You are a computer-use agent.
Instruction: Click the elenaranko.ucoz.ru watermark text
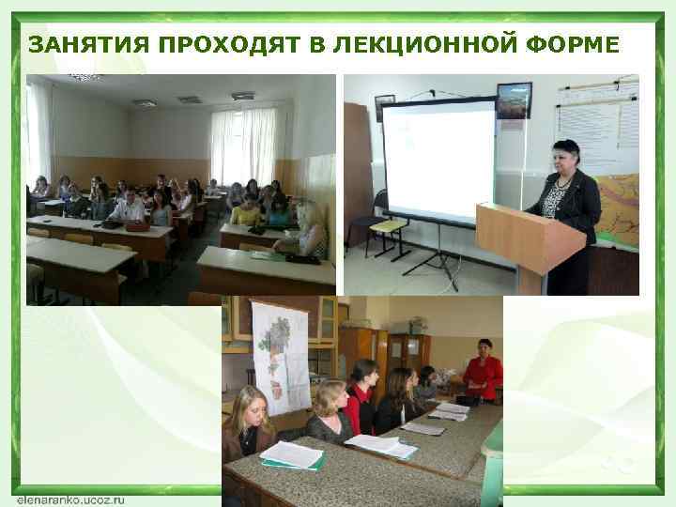(70, 499)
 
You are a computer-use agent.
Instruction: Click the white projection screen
(439, 161)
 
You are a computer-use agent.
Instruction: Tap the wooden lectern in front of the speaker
(530, 240)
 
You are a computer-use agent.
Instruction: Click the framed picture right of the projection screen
(514, 100)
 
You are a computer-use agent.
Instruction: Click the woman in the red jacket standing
(484, 371)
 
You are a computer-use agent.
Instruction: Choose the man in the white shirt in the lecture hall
(129, 206)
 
